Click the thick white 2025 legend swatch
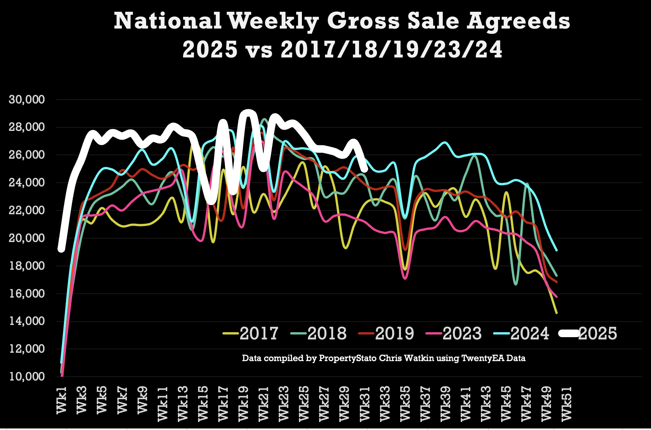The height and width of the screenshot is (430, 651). point(569,333)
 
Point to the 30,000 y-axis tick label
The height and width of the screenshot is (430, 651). point(27,100)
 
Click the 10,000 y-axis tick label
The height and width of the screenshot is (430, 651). point(27,377)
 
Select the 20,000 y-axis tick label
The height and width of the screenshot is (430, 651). point(27,238)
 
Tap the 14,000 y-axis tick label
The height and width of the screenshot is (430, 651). point(27,321)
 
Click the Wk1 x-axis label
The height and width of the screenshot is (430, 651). point(62,400)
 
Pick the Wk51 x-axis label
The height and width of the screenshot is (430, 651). point(566,403)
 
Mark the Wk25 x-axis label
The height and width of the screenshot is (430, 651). point(304,403)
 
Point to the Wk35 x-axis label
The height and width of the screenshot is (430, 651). point(405,403)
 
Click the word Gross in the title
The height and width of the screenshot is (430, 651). point(363,21)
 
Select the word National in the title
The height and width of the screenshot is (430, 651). point(168,21)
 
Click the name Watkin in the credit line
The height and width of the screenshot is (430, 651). point(420,358)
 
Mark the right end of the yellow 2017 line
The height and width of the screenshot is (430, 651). point(557,313)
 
